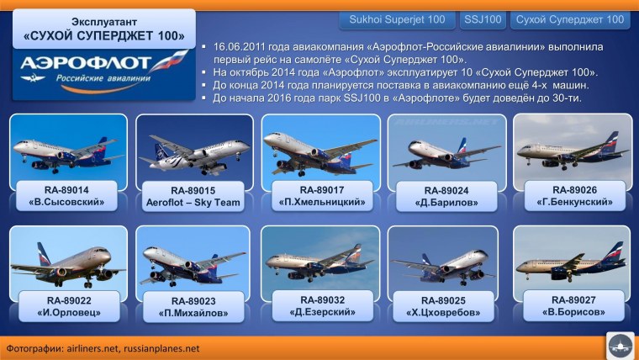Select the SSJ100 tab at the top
pyautogui.click(x=483, y=19)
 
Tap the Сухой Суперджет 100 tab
pyautogui.click(x=570, y=19)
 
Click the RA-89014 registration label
pyautogui.click(x=66, y=190)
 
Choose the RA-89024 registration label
pyautogui.click(x=446, y=190)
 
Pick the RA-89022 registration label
pyautogui.click(x=66, y=301)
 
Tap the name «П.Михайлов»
pyautogui.click(x=193, y=314)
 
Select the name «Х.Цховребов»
pyautogui.click(x=446, y=313)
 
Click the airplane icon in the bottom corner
pyautogui.click(x=620, y=345)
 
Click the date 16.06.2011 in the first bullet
pyautogui.click(x=244, y=49)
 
